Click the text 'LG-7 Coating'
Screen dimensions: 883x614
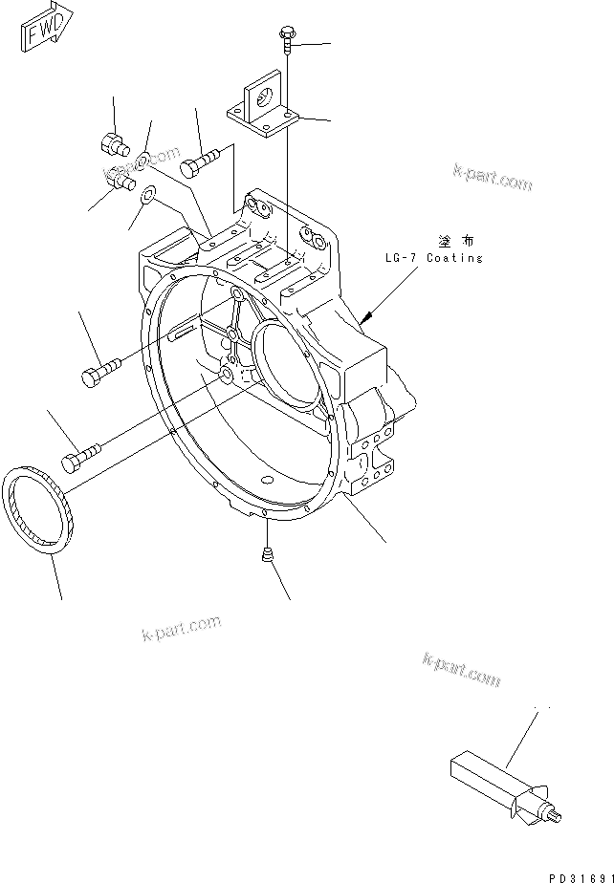428,258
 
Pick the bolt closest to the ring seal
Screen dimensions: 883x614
80,455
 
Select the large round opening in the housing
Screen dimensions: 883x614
284,357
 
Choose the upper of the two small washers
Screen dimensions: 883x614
143,158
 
